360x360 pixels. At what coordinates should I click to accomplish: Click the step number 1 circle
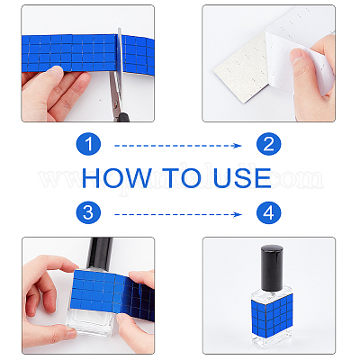tap(88, 144)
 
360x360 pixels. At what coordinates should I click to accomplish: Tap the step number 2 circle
tap(269, 144)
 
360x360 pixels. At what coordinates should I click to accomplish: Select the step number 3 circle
tap(88, 212)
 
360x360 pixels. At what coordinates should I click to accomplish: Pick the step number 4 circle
tap(269, 212)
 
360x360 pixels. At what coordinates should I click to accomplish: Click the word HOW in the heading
tap(116, 177)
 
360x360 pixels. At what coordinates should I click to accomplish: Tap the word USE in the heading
tap(242, 177)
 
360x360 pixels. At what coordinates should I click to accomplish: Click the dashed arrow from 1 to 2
tap(178, 146)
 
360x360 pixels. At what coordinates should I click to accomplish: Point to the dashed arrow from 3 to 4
tap(178, 214)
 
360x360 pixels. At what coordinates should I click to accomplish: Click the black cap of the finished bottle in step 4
tap(272, 266)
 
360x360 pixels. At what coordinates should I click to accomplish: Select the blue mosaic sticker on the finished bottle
tap(272, 312)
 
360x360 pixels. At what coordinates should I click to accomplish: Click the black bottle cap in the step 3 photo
tap(100, 253)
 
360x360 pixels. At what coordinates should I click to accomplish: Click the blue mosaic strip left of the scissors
tap(69, 53)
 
